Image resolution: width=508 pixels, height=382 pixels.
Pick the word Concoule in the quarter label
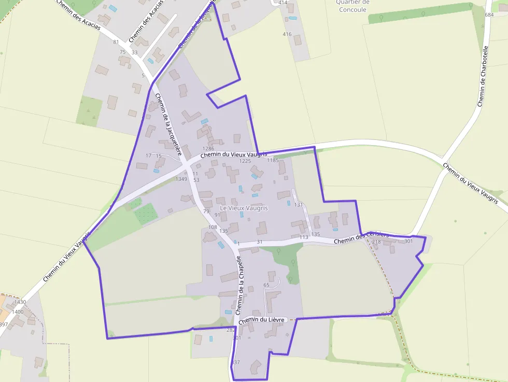[x=351, y=10]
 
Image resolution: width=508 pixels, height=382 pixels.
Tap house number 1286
[x=208, y=149]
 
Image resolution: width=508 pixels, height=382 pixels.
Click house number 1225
[x=245, y=161]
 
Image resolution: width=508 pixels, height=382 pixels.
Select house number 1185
[x=273, y=161]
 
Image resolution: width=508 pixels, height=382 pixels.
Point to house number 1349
[x=181, y=179]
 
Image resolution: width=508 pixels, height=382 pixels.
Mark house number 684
[x=489, y=15]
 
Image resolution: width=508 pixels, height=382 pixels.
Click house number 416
[x=287, y=34]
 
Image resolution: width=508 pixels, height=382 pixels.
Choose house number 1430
[x=20, y=302]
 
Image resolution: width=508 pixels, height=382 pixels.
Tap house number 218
[x=376, y=242]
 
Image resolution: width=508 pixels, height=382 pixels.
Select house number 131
[x=298, y=205]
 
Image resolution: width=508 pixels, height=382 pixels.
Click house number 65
[x=266, y=285]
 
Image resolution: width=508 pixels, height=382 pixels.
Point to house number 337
[x=236, y=362]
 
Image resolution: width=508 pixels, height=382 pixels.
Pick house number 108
[x=213, y=227]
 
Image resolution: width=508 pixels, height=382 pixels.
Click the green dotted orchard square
[x=147, y=214]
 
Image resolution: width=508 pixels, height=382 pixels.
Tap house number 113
[x=304, y=237]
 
